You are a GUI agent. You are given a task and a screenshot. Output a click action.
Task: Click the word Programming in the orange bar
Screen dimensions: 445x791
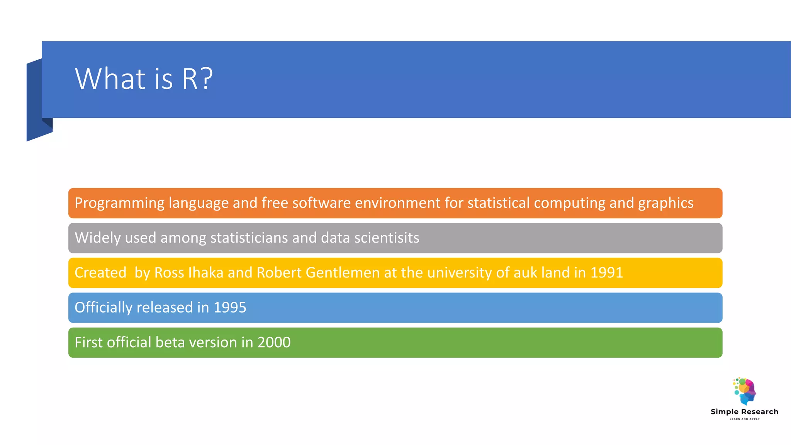coord(119,203)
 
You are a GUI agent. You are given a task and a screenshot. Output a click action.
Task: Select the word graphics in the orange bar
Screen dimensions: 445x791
coord(665,203)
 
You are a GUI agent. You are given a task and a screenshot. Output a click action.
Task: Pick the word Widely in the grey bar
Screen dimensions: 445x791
coord(98,238)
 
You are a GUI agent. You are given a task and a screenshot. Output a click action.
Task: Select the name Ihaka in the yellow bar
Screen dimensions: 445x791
coord(206,273)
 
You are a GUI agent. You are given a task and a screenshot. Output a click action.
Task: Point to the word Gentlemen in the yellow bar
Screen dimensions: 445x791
coord(343,273)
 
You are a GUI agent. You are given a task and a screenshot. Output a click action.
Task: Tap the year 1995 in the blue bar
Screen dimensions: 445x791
coord(230,308)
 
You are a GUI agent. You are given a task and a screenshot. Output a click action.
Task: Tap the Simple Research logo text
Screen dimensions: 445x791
coord(744,412)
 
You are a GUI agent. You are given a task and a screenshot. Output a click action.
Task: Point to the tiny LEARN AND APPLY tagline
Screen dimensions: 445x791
coord(744,419)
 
